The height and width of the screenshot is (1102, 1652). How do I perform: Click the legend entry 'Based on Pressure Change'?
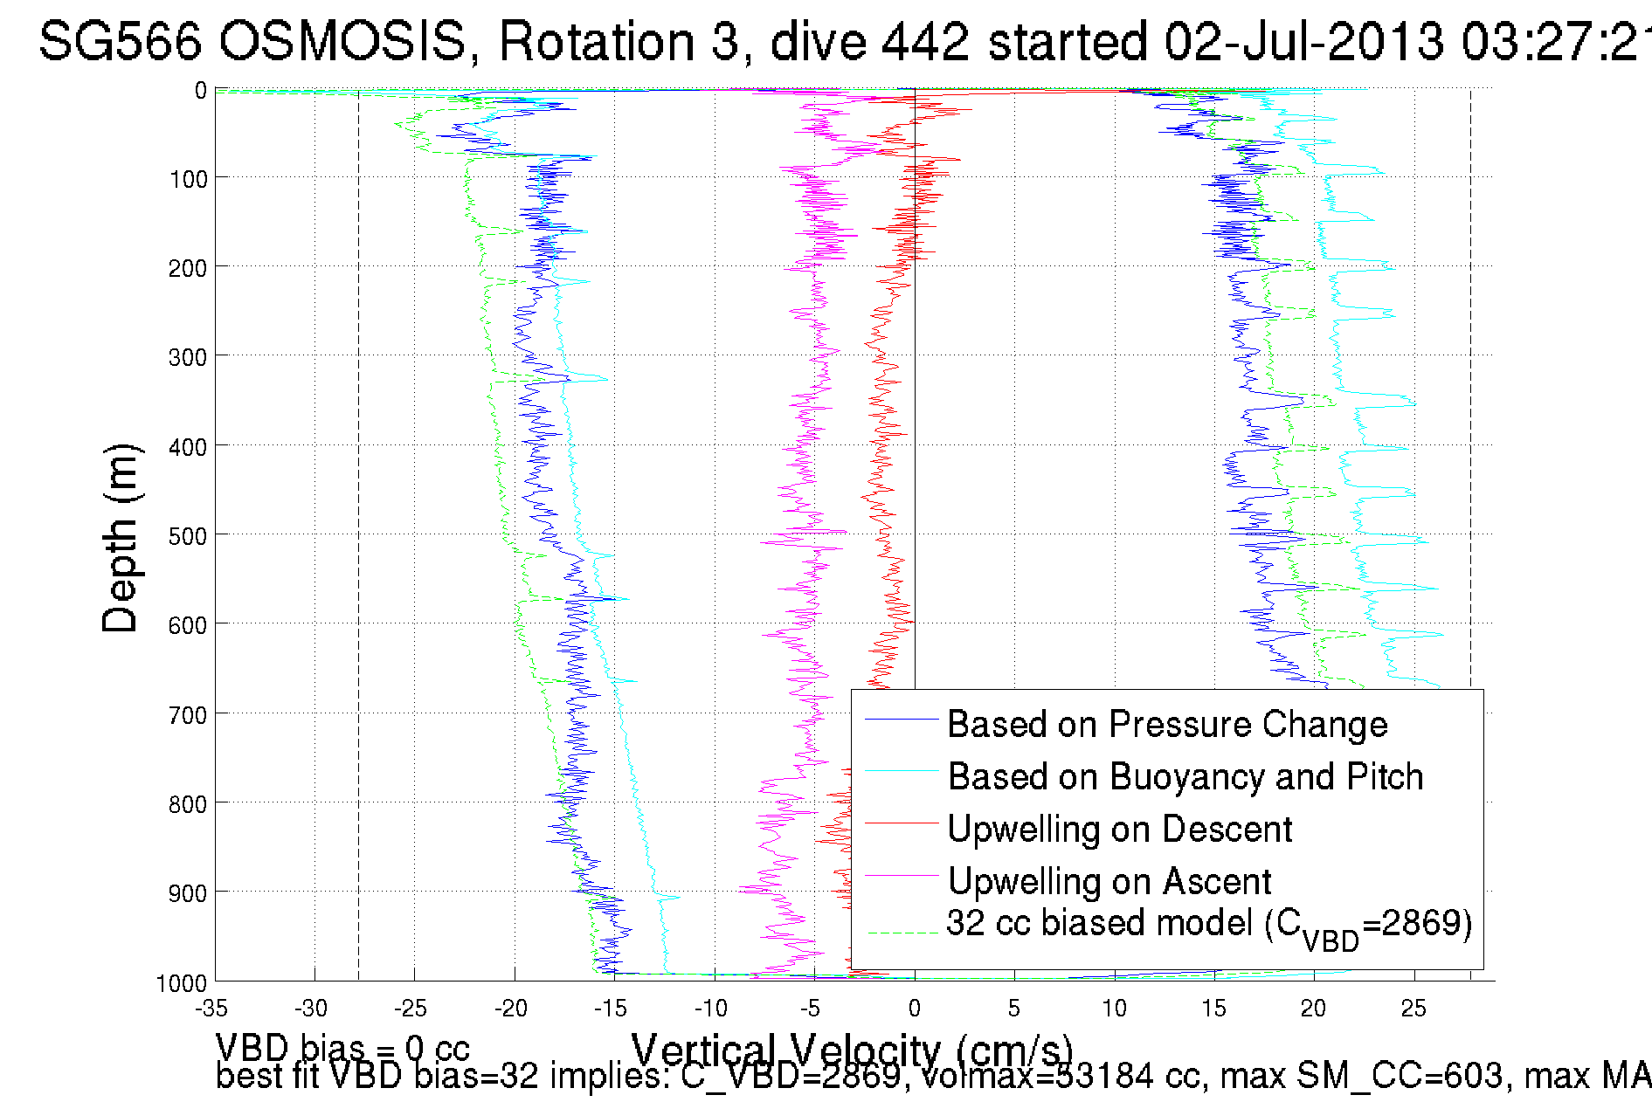click(1167, 724)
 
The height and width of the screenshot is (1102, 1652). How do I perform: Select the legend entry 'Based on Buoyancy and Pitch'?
click(1185, 776)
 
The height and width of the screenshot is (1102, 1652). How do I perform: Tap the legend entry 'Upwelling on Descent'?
click(1119, 829)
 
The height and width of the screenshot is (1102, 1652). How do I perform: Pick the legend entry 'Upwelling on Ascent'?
click(1109, 881)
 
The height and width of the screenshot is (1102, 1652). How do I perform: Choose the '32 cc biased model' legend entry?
click(1209, 925)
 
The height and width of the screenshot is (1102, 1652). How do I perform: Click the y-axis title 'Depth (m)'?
click(120, 538)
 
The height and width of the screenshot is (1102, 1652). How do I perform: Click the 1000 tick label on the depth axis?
click(182, 983)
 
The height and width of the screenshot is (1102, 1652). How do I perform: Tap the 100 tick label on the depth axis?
click(188, 179)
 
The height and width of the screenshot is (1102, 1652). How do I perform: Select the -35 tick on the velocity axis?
click(211, 1009)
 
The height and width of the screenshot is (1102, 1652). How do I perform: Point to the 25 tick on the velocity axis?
click(1414, 1009)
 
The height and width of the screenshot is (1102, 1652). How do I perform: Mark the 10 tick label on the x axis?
click(1114, 1009)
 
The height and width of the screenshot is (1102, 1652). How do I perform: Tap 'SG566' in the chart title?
click(121, 41)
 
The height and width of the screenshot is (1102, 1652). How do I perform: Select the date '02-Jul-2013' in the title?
click(1303, 41)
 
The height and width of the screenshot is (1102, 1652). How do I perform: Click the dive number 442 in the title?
click(925, 41)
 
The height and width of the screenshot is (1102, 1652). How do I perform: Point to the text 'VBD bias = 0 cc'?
click(342, 1047)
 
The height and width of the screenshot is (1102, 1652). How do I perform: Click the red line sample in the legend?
click(901, 823)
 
